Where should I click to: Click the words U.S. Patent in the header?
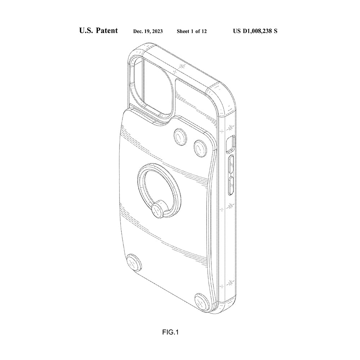coord(98,31)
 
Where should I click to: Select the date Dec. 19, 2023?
coord(148,31)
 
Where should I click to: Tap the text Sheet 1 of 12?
coord(192,31)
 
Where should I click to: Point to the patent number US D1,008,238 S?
coord(255,31)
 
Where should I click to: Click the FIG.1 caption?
coord(170,332)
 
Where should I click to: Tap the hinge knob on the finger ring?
coord(157,211)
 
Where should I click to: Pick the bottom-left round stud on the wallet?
coord(134,263)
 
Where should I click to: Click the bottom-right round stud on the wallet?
coord(202,301)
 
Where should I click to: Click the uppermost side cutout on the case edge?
coord(230,143)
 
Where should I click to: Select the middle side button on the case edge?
coord(231,164)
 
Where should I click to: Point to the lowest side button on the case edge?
coord(232,185)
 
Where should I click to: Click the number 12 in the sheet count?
coord(204,31)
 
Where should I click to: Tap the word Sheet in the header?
coord(183,31)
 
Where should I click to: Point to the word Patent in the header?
coord(107,31)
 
